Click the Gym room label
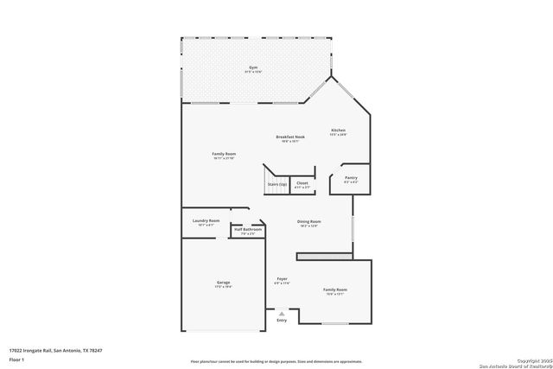[x=252, y=67]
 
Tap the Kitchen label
[x=337, y=130]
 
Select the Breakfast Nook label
[x=290, y=137]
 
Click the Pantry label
[x=350, y=177]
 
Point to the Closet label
[x=302, y=182]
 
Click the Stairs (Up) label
[x=276, y=184]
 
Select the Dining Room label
[x=309, y=222]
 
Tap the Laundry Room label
[x=206, y=221]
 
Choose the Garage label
[x=223, y=283]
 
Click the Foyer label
[x=282, y=279]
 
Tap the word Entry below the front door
[x=281, y=321]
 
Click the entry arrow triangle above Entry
[x=281, y=313]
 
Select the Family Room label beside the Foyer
[x=335, y=289]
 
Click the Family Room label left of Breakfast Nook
[x=224, y=155]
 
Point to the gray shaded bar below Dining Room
[x=324, y=257]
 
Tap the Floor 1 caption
[x=16, y=358]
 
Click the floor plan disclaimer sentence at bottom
[x=276, y=362]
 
